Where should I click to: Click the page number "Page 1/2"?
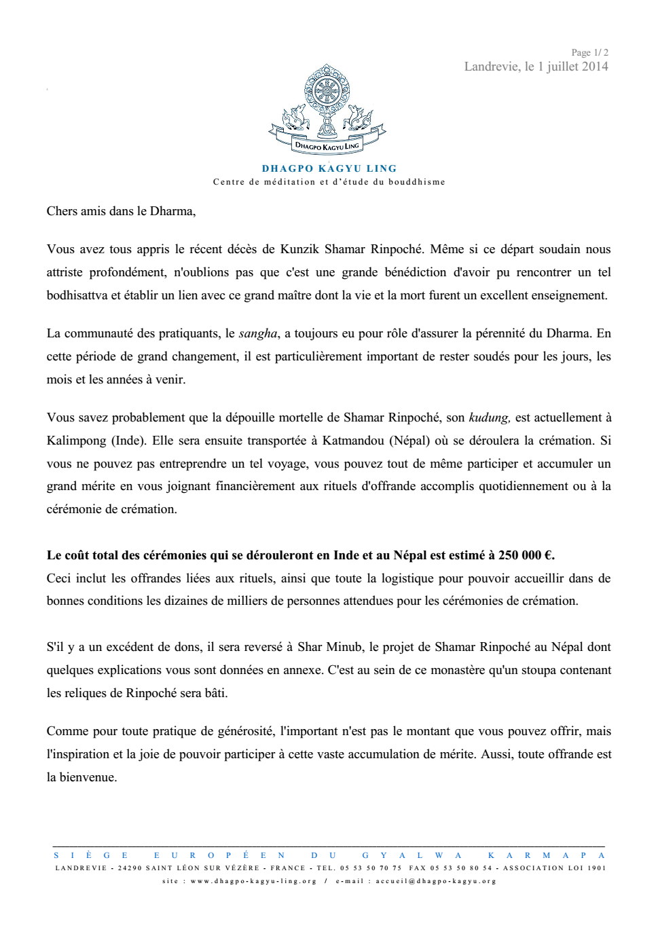[x=589, y=52]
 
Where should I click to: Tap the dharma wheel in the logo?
[x=327, y=91]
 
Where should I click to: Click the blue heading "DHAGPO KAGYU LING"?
[x=329, y=168]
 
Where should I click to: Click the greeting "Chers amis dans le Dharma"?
[x=120, y=211]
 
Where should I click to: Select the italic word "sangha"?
[x=258, y=333]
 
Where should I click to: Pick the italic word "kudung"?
[x=489, y=417]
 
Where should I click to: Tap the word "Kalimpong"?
[x=75, y=441]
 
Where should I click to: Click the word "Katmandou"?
[x=352, y=441]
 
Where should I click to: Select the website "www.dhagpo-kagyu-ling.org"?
[x=253, y=881]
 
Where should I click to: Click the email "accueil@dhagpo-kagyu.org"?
[x=436, y=881]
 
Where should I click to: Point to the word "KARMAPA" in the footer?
[x=546, y=855]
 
